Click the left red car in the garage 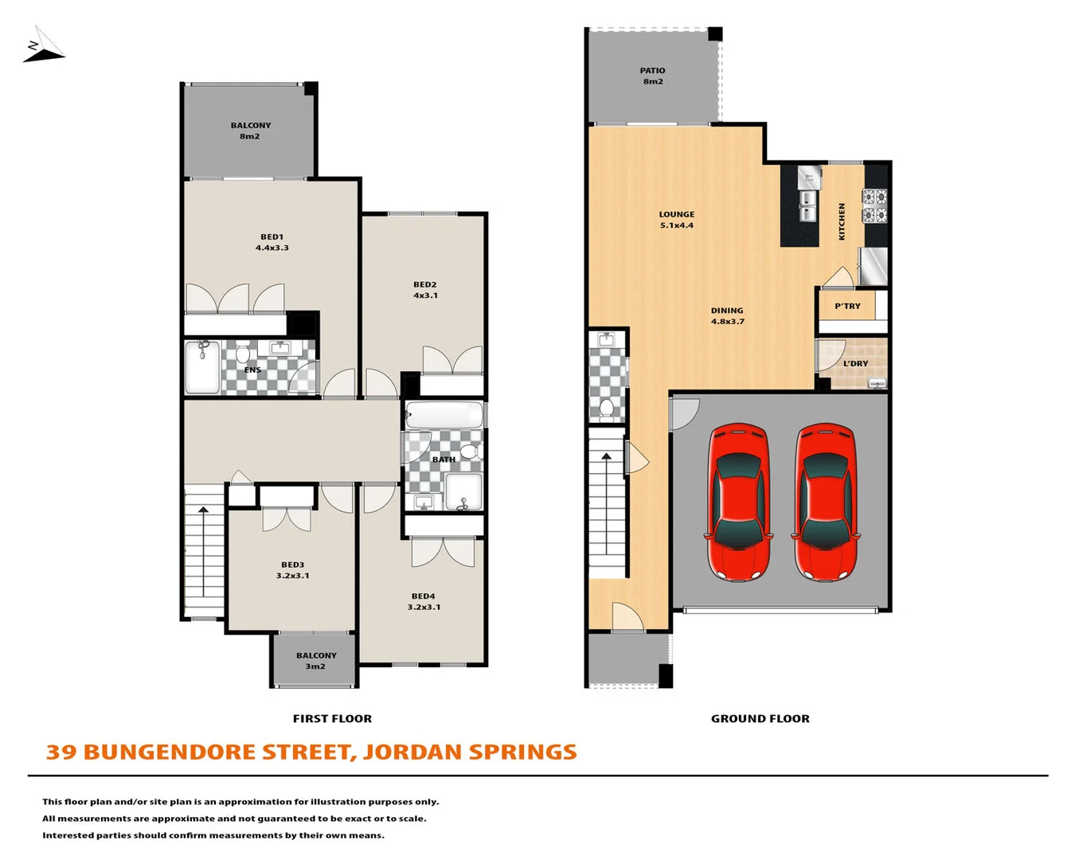[738, 502]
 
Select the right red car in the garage [825, 502]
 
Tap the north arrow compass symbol [43, 45]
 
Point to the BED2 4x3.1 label [424, 290]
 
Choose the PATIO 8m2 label [652, 76]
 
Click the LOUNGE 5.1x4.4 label [676, 220]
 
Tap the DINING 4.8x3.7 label [727, 316]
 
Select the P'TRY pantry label [847, 306]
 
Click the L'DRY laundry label [855, 363]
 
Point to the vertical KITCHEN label [842, 221]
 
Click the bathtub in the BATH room [444, 416]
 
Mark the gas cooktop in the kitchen [874, 205]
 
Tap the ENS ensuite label [252, 369]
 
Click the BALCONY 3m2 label [316, 661]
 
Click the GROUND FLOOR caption [760, 718]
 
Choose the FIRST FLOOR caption [332, 718]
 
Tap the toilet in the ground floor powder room [606, 409]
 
